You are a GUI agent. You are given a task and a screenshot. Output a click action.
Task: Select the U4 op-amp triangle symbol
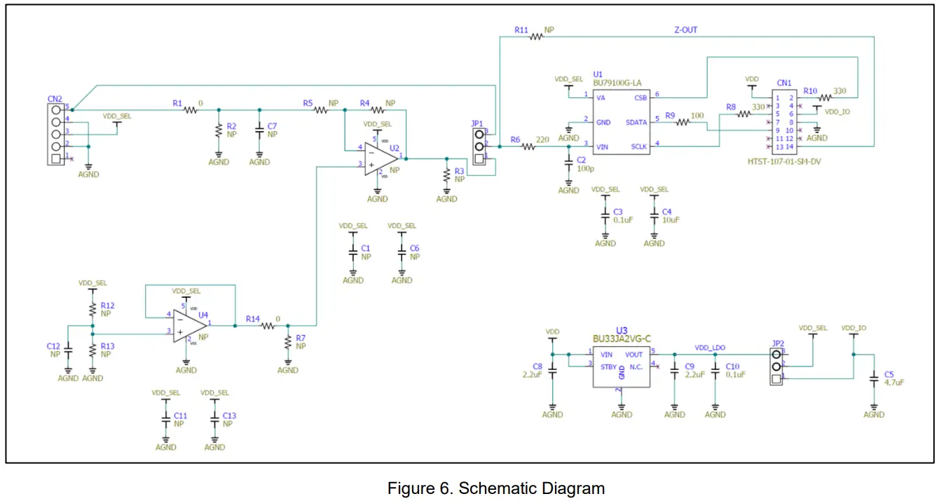tap(189, 327)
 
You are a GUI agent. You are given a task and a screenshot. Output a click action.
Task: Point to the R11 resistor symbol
tap(537, 36)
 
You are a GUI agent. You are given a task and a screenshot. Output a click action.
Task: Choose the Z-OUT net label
tap(685, 30)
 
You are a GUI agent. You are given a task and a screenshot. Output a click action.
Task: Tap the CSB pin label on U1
tap(640, 98)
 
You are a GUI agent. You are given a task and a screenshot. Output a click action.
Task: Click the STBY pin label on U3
tap(608, 366)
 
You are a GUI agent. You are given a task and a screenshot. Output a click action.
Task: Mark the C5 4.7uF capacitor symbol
tap(874, 379)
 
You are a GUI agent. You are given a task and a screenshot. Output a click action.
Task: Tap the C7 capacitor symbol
tap(259, 130)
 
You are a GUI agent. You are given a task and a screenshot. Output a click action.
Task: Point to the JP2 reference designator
tap(778, 343)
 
